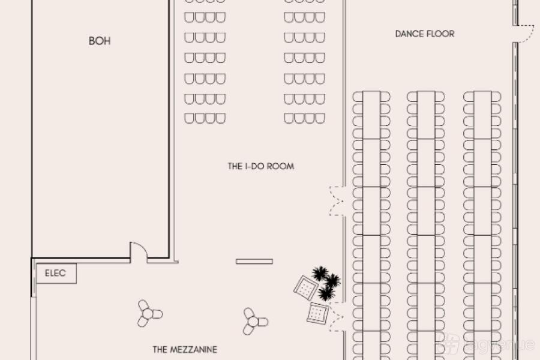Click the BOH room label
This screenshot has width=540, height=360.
click(x=100, y=41)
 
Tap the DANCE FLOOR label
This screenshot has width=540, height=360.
click(x=425, y=34)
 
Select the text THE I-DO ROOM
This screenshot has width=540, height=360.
click(x=261, y=166)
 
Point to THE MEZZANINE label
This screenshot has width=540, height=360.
click(x=185, y=349)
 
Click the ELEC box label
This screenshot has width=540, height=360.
click(x=55, y=274)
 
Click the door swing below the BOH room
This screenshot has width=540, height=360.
click(x=139, y=251)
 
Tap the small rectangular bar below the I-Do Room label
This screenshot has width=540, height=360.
click(x=254, y=261)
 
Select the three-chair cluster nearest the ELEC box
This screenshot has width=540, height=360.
click(x=149, y=313)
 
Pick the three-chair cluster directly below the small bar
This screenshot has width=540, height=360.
click(x=254, y=321)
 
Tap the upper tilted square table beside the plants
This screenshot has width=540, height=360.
click(x=306, y=289)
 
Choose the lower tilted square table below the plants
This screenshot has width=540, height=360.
click(x=317, y=313)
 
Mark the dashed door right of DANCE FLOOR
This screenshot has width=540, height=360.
click(x=524, y=34)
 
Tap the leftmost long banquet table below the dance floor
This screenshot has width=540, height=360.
click(x=371, y=225)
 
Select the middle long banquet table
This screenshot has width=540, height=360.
click(x=426, y=225)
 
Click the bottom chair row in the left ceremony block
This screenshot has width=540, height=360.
click(x=205, y=118)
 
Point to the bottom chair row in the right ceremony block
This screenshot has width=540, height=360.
click(x=304, y=118)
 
